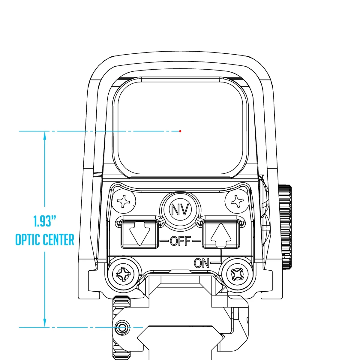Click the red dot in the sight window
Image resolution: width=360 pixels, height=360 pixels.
coord(180,131)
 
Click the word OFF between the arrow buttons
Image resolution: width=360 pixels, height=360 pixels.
coord(180,241)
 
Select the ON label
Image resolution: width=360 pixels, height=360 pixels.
coord(202,263)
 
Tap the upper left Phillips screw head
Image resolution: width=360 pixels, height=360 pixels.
coord(124,202)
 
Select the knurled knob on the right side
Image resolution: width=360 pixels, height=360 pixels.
coord(285,227)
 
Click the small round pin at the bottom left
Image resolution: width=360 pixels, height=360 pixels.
coord(122,328)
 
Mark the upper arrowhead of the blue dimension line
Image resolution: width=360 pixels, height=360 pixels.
coord(45,136)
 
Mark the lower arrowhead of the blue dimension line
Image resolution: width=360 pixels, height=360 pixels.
coord(45,323)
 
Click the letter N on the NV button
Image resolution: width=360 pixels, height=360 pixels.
coord(175,210)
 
